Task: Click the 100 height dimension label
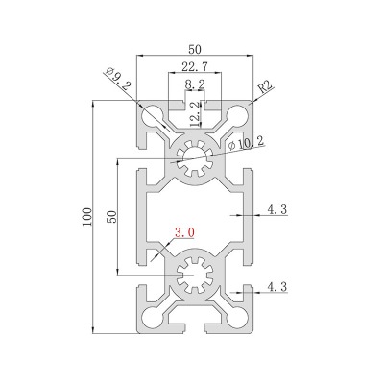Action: click(x=87, y=217)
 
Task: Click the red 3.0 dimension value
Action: click(x=184, y=232)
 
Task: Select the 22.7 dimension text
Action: click(x=195, y=67)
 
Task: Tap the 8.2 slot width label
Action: click(x=195, y=84)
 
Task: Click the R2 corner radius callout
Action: click(x=265, y=86)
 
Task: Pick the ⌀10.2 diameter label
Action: click(x=247, y=143)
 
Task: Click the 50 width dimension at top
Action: click(x=195, y=50)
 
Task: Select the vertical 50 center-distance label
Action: click(x=111, y=217)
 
